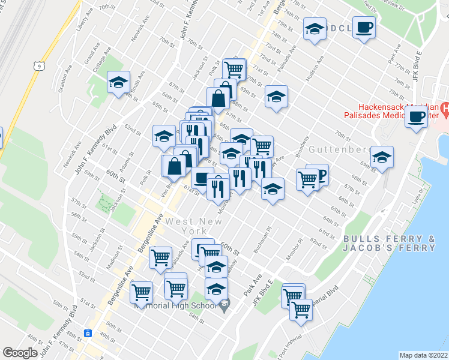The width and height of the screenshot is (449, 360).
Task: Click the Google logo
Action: [x=20, y=353]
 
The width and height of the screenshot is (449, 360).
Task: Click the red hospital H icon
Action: [x=445, y=109]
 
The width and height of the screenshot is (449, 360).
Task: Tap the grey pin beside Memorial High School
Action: [x=224, y=306]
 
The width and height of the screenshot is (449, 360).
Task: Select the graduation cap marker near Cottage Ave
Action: [x=119, y=82]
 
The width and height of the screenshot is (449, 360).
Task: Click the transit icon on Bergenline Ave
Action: [x=88, y=333]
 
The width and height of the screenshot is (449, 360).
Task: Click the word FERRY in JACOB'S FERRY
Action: [x=420, y=247]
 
